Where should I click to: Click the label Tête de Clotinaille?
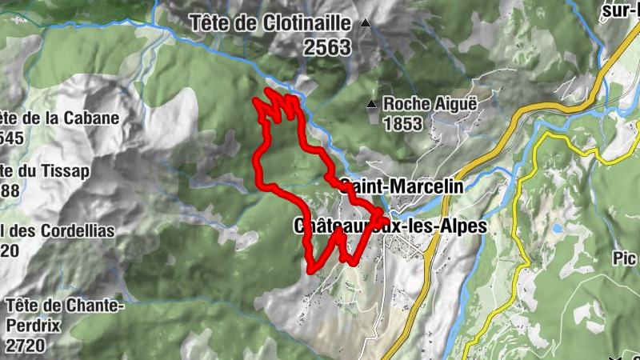271,23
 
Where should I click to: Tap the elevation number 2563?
327,48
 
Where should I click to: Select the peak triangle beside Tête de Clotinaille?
366,23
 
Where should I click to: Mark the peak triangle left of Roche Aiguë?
371,104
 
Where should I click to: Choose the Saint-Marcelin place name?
402,186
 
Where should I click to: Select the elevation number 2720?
24,346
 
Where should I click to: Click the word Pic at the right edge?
626,258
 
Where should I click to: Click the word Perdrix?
39,326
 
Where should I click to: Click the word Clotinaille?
307,23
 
